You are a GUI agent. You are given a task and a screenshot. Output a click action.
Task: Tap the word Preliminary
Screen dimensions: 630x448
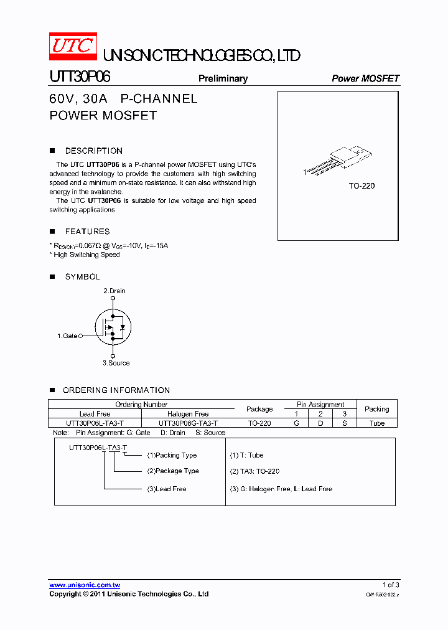point(223,78)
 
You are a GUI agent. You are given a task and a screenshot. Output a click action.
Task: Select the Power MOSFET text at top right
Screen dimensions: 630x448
point(365,78)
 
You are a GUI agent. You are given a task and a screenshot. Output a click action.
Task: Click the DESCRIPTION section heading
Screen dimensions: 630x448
point(93,151)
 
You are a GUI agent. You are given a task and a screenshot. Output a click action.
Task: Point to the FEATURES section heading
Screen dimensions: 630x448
point(87,231)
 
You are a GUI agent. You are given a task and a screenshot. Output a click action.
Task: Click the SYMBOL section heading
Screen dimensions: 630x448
point(82,276)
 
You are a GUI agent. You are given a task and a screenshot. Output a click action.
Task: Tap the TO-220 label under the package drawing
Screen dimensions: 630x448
point(362,186)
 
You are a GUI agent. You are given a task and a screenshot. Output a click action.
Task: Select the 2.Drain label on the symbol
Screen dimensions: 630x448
point(114,291)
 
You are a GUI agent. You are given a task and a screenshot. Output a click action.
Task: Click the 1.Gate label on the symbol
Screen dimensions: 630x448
point(67,336)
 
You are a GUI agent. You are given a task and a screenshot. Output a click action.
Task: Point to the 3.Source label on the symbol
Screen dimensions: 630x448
point(116,363)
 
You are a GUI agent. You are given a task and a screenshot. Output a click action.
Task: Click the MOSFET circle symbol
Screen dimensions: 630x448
point(113,327)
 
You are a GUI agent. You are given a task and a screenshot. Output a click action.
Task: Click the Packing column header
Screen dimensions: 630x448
point(376,409)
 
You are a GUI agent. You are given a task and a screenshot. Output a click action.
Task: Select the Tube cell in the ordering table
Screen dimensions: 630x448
point(376,423)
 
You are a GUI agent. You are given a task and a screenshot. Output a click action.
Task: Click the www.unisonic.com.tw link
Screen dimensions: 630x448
point(85,585)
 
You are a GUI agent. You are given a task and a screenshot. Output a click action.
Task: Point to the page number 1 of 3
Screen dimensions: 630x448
point(390,585)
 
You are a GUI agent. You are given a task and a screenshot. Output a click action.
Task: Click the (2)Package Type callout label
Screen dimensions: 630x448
point(173,471)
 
